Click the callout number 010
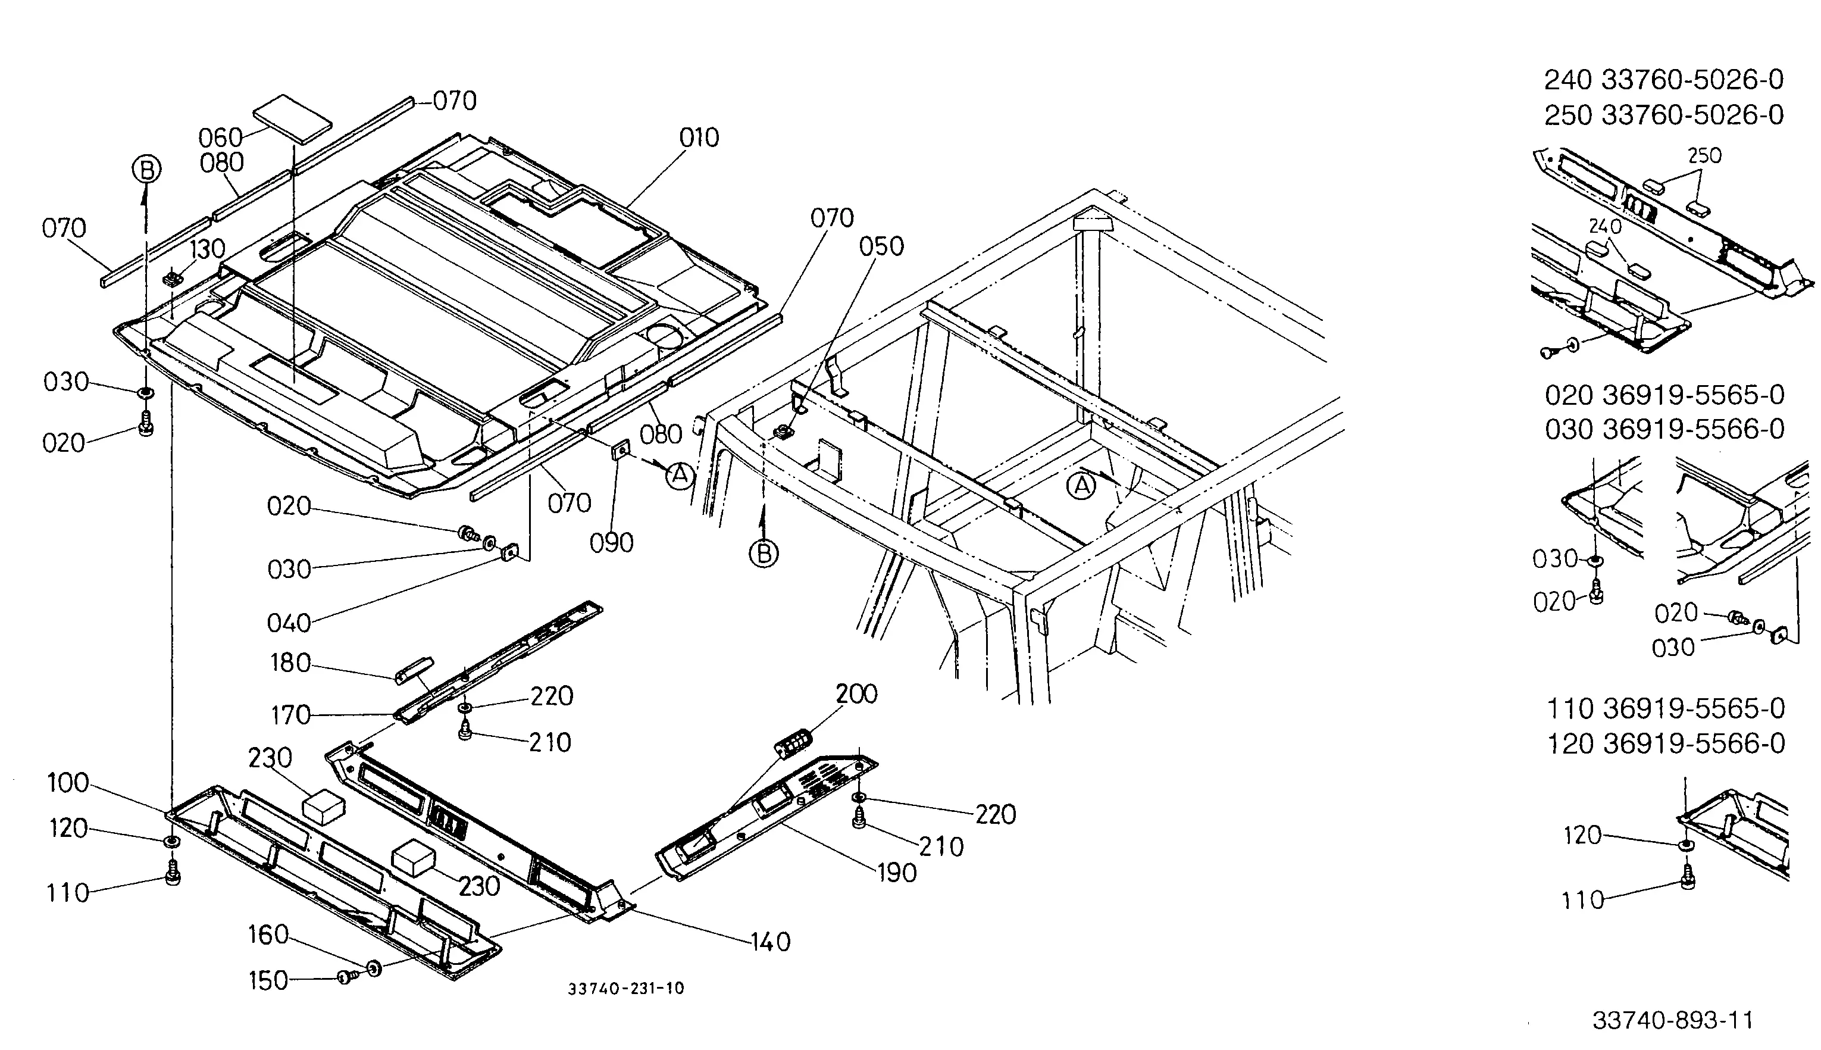[x=699, y=137]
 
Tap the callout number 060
[x=221, y=137]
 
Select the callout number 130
[x=207, y=249]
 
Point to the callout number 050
[x=881, y=246]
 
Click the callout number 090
[x=611, y=543]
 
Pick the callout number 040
[x=289, y=623]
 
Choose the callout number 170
[x=290, y=715]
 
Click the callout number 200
[x=856, y=695]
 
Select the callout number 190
[x=896, y=873]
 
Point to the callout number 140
[x=770, y=942]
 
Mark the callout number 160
[x=268, y=935]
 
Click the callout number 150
[x=268, y=981]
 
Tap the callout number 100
[x=68, y=783]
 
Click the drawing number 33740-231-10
[x=625, y=989]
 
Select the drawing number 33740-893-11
[x=1672, y=1020]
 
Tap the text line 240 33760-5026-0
[x=1664, y=80]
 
